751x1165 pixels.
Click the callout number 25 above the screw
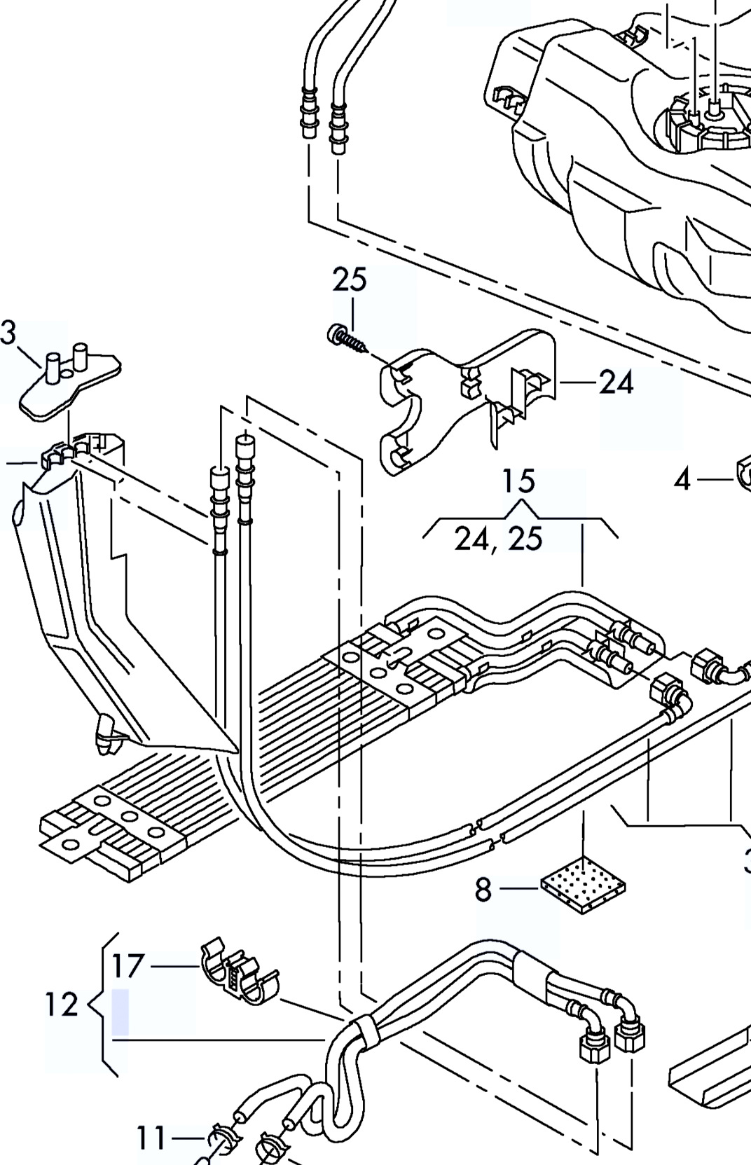[x=350, y=279]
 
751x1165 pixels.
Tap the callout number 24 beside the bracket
[x=616, y=382]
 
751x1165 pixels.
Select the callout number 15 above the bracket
[x=518, y=481]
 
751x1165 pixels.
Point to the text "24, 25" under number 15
[x=498, y=538]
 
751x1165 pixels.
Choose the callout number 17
[x=128, y=966]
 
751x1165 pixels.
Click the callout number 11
[x=151, y=1138]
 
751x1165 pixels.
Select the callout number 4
[x=682, y=479]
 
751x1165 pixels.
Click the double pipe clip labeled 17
[x=239, y=970]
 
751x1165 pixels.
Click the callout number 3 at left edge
[x=8, y=333]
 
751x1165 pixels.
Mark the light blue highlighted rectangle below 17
[x=120, y=1012]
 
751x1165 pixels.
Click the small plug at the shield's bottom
[x=106, y=734]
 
